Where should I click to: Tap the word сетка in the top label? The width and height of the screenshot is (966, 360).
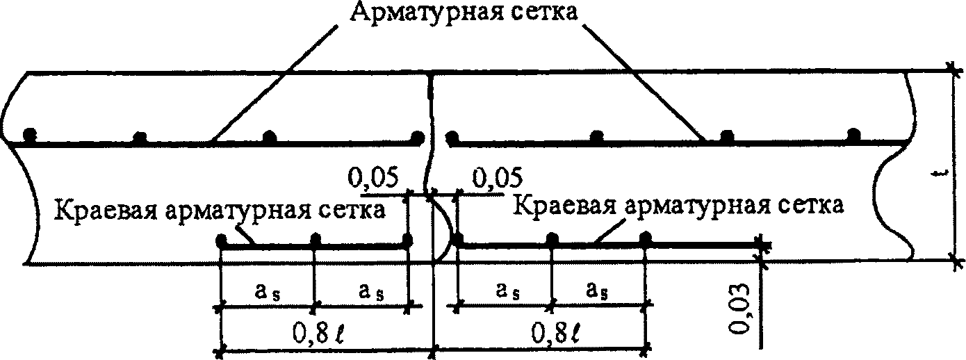click(x=546, y=13)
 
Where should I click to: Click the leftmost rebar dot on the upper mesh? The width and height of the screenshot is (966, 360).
click(x=28, y=134)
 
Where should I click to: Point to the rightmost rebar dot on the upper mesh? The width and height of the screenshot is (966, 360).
click(x=853, y=134)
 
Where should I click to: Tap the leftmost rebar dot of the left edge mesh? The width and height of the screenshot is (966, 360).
click(x=222, y=242)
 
